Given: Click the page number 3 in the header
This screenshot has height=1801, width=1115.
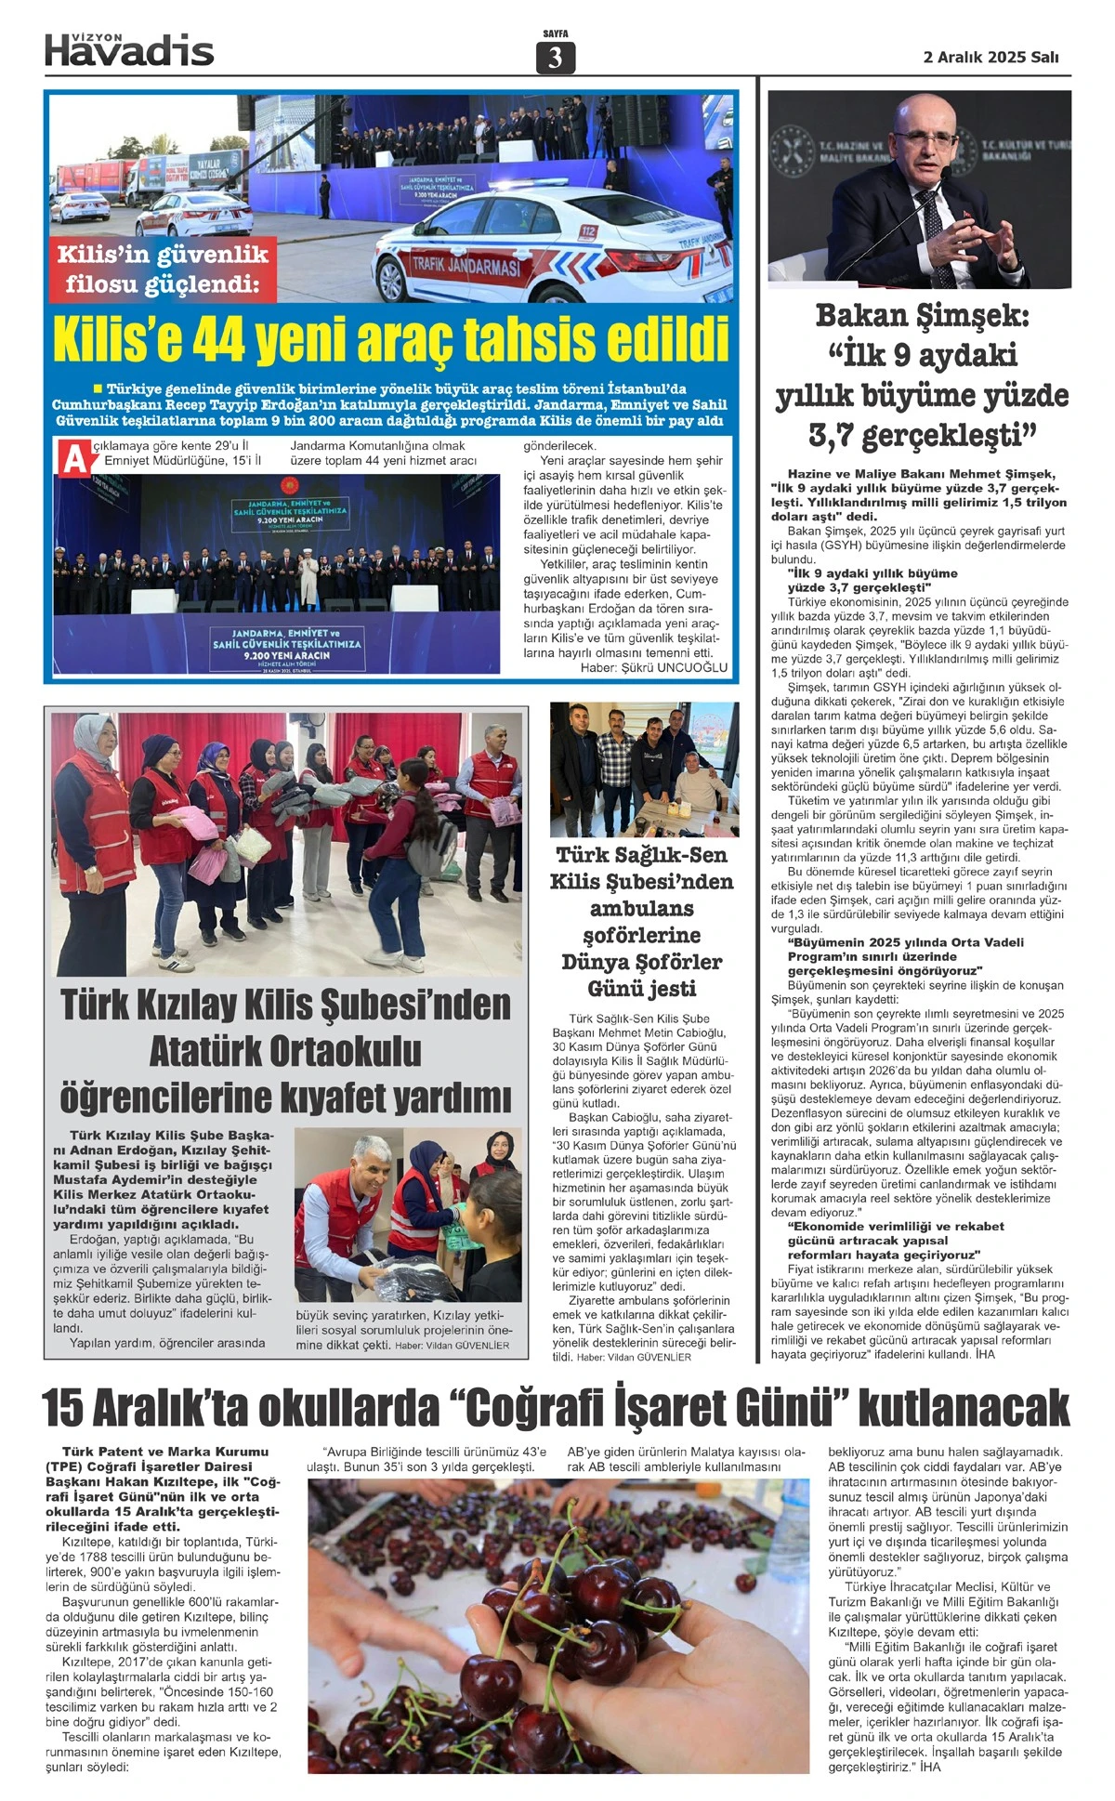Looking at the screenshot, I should [x=556, y=58].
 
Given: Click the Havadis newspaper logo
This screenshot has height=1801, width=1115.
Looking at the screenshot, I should [x=129, y=50].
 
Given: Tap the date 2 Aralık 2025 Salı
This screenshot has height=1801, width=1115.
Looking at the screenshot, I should [x=990, y=57].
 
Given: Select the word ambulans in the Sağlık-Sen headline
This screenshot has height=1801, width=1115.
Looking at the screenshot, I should [x=641, y=908].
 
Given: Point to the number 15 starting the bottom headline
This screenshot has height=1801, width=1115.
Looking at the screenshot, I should [x=66, y=1408].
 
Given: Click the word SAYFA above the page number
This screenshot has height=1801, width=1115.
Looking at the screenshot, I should [x=555, y=34].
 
